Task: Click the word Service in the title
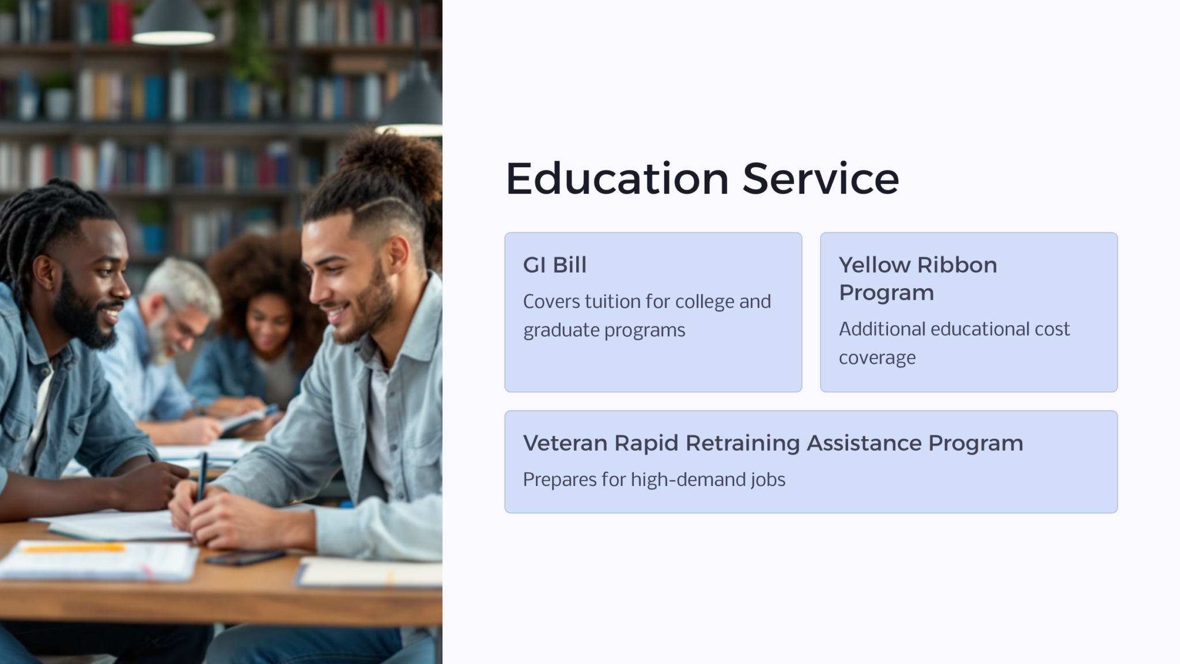(820, 179)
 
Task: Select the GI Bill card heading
(554, 265)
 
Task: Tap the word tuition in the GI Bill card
(612, 301)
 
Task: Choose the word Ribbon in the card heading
(957, 265)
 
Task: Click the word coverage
(877, 358)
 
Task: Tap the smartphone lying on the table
(244, 557)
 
